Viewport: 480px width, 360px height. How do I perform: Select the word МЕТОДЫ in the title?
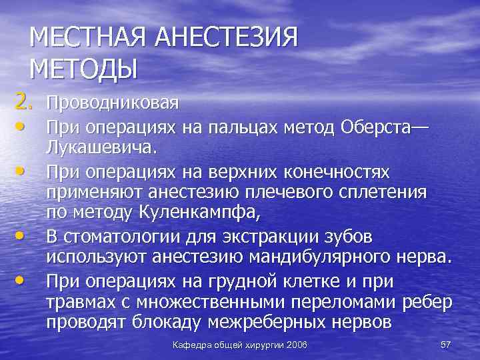click(83, 69)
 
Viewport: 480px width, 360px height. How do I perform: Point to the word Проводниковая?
click(112, 103)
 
